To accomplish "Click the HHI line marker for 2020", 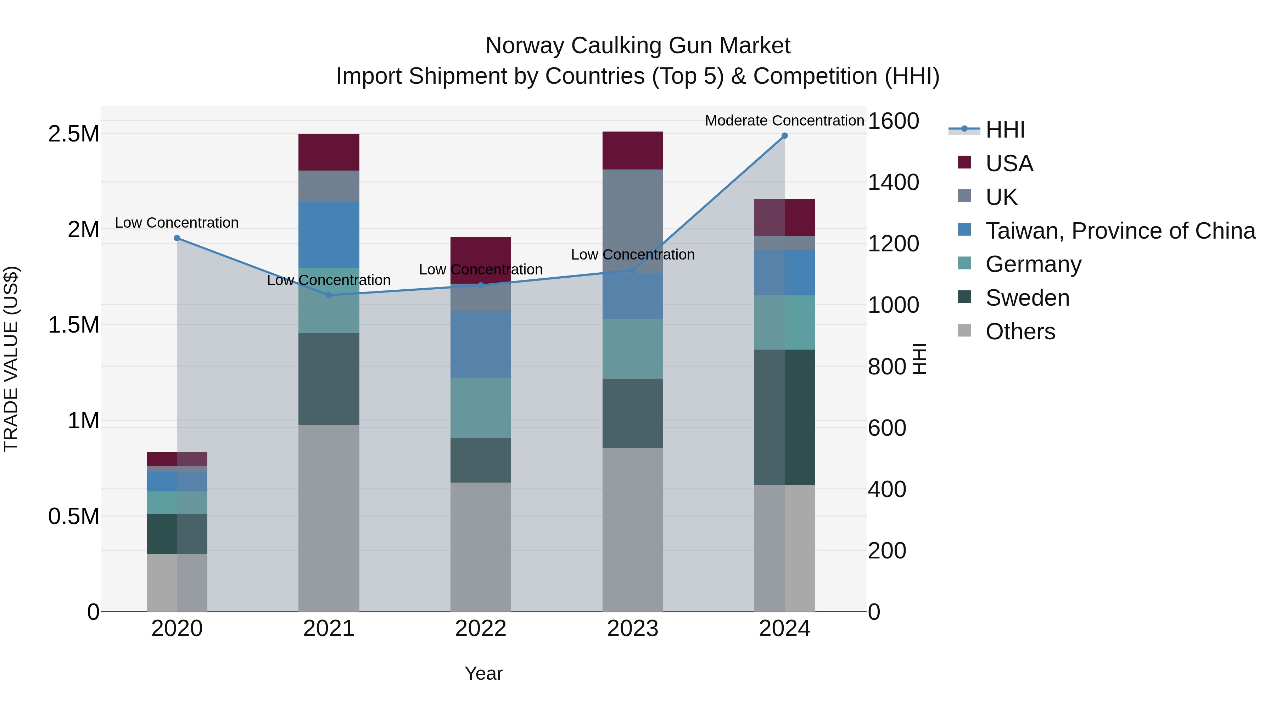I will coord(177,238).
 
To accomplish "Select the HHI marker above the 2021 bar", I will coord(329,295).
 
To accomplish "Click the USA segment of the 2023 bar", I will coord(633,151).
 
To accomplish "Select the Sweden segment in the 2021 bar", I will coord(329,379).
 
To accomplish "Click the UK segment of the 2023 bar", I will coord(633,221).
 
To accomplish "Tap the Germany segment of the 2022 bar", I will coord(481,407).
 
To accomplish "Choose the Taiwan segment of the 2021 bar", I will coord(329,234).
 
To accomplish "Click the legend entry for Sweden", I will coord(1027,298).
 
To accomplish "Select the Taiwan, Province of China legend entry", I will coord(1119,231).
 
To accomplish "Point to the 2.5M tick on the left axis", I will coord(74,134).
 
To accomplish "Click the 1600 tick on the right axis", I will coord(893,121).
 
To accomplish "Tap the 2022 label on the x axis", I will coord(481,629).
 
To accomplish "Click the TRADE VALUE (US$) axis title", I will coord(11,359).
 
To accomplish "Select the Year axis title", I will coord(483,673).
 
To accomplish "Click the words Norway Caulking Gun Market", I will coord(638,46).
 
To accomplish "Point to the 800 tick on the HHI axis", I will coord(887,367).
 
